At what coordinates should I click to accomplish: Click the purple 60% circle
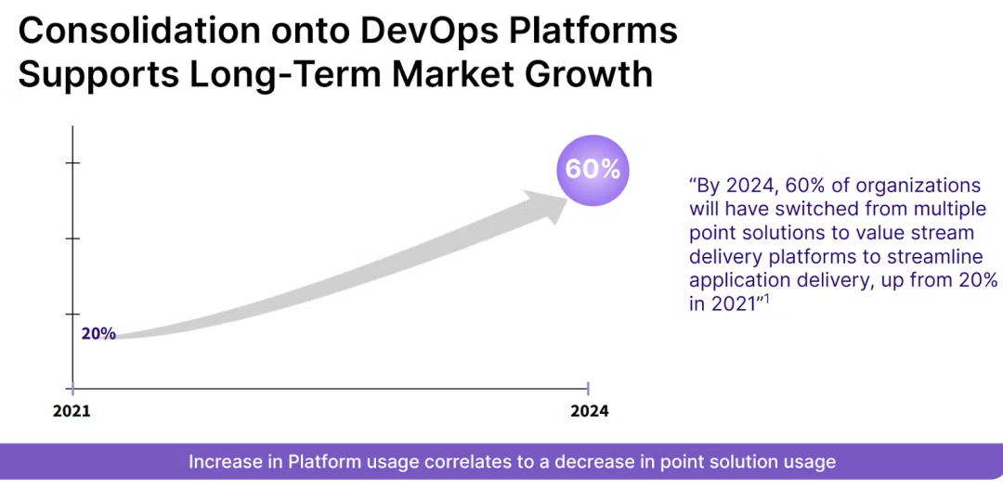point(593,169)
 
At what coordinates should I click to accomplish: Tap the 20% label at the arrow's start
point(98,334)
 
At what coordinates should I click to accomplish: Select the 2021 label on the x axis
point(72,410)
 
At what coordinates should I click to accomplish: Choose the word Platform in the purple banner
point(320,462)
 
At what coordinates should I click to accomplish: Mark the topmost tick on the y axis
point(72,163)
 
